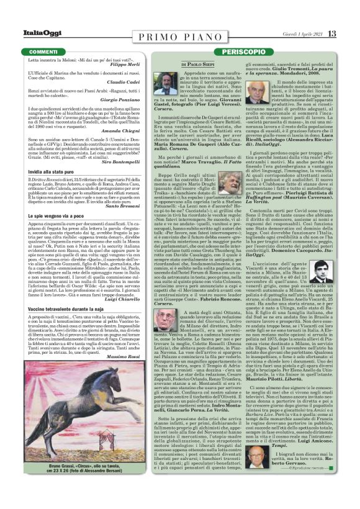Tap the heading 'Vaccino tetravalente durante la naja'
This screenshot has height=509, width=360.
pos(66,308)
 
